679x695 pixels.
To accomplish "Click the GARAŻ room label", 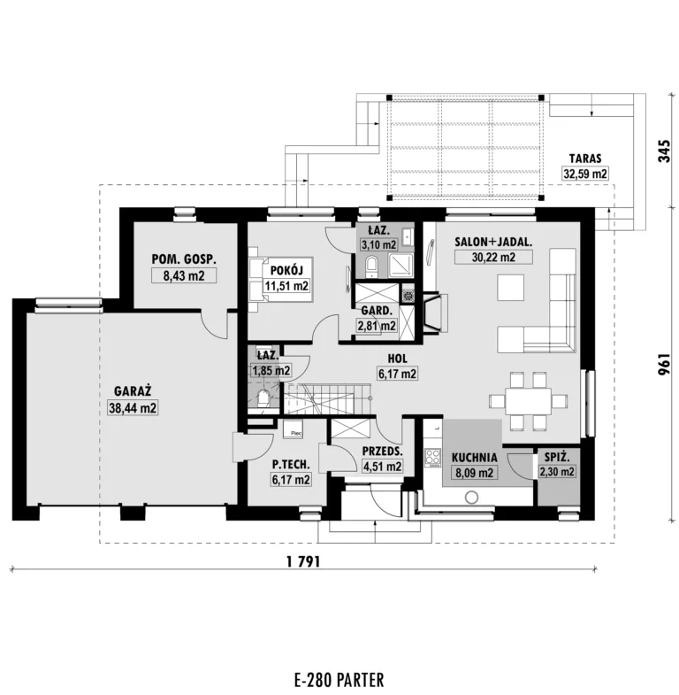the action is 133,391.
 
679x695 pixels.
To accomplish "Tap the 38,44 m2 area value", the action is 133,408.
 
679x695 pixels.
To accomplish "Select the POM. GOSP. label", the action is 184,259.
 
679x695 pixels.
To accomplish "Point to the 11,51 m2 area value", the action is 286,286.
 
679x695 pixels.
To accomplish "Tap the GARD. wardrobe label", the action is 377,311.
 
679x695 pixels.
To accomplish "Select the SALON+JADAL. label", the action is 493,242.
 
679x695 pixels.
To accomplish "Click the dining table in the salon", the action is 527,402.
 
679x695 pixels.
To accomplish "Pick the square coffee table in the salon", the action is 511,288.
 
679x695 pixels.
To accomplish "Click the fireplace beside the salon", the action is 436,312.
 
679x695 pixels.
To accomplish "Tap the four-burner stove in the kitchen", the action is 432,459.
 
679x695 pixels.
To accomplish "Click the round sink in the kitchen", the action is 472,498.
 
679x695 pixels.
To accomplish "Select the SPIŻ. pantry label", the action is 557,457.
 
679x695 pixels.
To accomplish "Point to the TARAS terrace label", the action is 585,158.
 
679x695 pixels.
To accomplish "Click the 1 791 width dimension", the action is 303,562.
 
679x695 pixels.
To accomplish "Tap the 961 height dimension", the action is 664,365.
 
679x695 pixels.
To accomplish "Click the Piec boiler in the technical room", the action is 293,429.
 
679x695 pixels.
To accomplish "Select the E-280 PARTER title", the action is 339,679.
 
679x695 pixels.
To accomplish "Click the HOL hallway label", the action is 397,359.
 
